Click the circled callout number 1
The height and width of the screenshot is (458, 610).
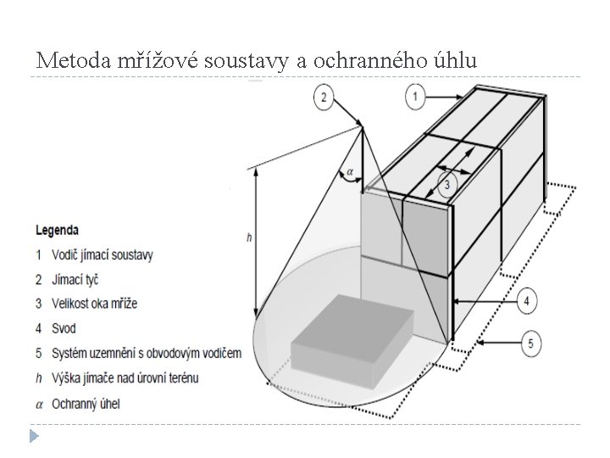point(415,98)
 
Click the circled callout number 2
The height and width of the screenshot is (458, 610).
point(323,98)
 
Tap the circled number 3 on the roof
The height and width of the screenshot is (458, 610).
point(446,184)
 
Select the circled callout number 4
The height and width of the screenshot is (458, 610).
point(526,300)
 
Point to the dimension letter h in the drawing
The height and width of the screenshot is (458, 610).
point(248,238)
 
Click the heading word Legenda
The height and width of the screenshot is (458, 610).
point(58,229)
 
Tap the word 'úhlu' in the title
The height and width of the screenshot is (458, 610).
point(452,61)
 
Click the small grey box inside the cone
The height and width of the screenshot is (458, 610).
point(352,343)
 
